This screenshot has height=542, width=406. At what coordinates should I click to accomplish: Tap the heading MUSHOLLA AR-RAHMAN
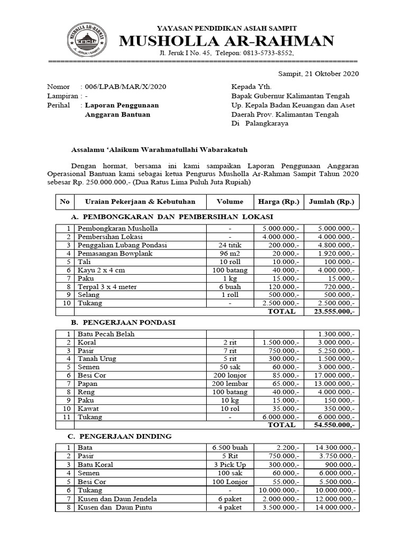point(228,41)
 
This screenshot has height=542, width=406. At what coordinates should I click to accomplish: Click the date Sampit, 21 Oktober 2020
point(318,74)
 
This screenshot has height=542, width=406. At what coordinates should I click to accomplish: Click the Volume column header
point(230,202)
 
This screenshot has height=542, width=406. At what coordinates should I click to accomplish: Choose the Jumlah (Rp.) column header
point(331,202)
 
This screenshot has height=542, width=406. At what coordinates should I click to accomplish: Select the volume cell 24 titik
point(230,245)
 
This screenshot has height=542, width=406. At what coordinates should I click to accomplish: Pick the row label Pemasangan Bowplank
point(112,254)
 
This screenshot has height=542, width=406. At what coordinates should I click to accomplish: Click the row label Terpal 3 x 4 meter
point(107,286)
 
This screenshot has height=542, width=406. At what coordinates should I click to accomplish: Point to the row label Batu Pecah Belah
point(106,334)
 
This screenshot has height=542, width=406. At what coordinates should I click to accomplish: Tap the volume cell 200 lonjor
point(230,375)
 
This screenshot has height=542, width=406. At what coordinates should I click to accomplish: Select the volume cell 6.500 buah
point(230,448)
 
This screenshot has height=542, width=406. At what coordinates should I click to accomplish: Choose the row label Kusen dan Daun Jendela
point(117,499)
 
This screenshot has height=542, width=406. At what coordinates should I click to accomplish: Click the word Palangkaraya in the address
point(265,123)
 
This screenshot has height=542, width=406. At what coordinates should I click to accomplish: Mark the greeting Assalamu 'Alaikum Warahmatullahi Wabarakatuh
point(159,150)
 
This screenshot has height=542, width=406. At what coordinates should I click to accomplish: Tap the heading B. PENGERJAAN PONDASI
point(123,322)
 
